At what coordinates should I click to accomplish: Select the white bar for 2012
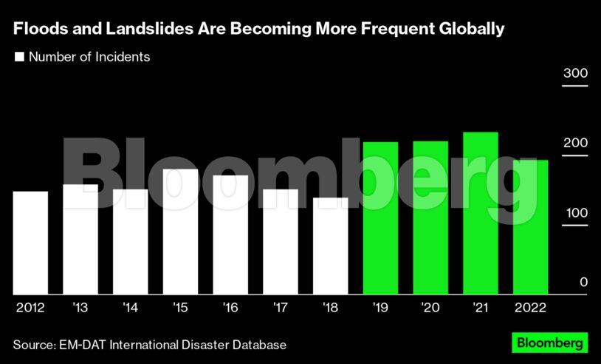[x=30, y=243]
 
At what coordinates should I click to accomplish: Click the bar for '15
[x=180, y=232]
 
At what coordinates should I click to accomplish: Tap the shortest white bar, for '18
[x=330, y=246]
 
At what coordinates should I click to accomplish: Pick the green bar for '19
[x=380, y=218]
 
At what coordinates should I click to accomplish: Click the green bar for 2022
[x=531, y=226]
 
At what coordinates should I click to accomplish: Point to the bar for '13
[x=80, y=239]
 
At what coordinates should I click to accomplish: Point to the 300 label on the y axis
[x=574, y=74]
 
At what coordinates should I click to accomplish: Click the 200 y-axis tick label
[x=574, y=144]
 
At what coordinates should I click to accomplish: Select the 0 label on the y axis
[x=583, y=282]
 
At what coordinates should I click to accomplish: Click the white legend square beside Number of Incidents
[x=20, y=57]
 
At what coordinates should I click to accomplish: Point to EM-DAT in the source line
[x=83, y=345]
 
